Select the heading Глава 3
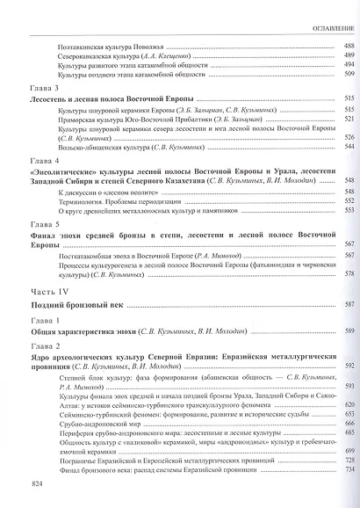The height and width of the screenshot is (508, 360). pos(44,89)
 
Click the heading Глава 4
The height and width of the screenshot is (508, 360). pos(44,162)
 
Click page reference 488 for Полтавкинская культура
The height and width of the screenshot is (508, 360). pos(348,43)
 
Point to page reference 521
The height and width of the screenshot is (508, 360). pos(348,119)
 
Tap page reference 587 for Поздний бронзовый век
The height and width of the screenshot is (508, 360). pos(348,305)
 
